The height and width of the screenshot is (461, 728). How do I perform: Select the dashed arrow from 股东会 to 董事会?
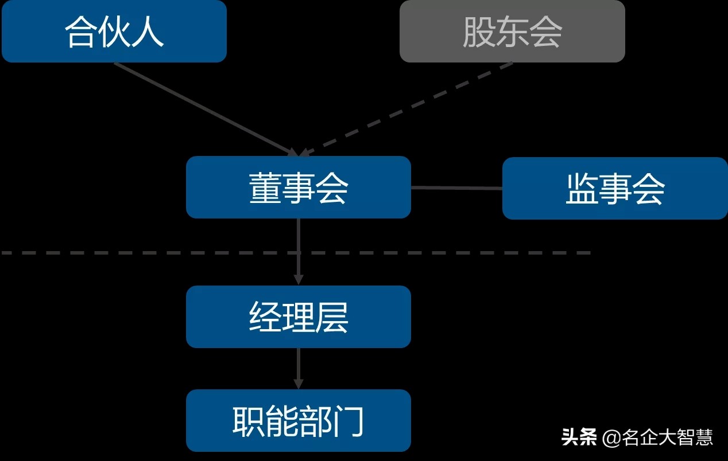[x=408, y=108]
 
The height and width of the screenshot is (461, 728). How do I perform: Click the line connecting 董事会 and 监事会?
[x=456, y=187]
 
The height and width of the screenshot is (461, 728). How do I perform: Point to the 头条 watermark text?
[x=579, y=437]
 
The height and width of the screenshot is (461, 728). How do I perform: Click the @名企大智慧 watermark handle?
[x=658, y=437]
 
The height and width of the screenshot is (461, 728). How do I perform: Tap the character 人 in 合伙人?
[x=148, y=31]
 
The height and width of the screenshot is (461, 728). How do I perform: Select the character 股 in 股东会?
[x=478, y=31]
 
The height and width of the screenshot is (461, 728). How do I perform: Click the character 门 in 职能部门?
[x=348, y=421]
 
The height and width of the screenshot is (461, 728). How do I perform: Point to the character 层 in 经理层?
[x=331, y=317]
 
